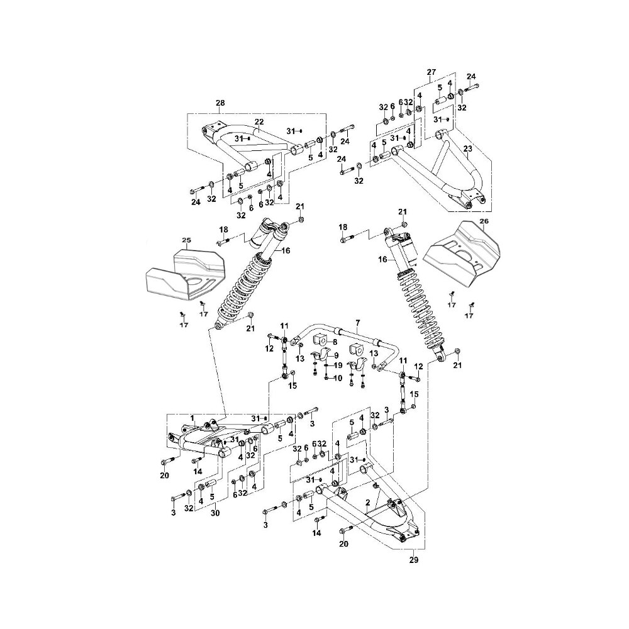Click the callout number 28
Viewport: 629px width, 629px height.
(x=220, y=103)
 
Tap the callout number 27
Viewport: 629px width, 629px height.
(x=431, y=72)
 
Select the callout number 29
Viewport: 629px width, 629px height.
(x=414, y=560)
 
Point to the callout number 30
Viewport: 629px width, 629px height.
(x=215, y=513)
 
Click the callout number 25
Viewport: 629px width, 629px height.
(x=187, y=240)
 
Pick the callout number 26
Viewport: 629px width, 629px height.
(x=484, y=221)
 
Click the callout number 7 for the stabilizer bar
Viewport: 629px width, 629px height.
(x=358, y=323)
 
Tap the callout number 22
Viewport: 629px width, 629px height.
(x=260, y=122)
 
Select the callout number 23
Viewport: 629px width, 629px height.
(x=468, y=148)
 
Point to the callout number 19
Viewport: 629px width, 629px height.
(x=338, y=365)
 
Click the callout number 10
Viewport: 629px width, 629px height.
(x=338, y=378)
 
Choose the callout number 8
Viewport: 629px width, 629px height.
(x=335, y=342)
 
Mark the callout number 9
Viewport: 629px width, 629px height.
(x=336, y=355)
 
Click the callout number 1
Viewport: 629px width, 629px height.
(x=192, y=418)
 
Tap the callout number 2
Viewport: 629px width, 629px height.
(x=367, y=502)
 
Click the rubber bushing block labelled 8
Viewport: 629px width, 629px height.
(x=321, y=340)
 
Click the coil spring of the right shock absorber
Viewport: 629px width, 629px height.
(x=417, y=313)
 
